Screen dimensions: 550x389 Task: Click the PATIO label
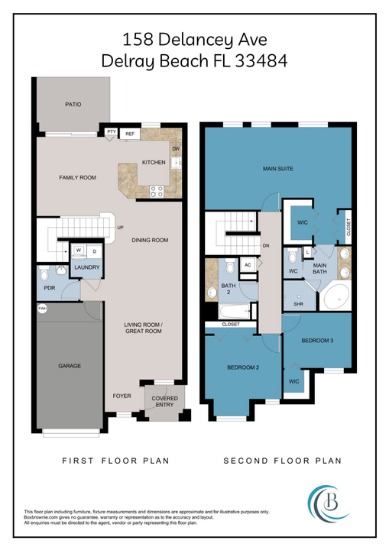pyautogui.click(x=73, y=105)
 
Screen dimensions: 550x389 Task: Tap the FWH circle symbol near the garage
pyautogui.click(x=42, y=309)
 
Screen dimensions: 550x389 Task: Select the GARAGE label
pyautogui.click(x=70, y=366)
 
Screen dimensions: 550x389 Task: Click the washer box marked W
pyautogui.click(x=78, y=250)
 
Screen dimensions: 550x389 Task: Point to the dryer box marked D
pyautogui.click(x=94, y=250)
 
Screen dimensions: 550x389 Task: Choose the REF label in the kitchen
pyautogui.click(x=130, y=134)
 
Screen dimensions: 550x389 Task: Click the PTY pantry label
pyautogui.click(x=112, y=133)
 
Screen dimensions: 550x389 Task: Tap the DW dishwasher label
pyautogui.click(x=176, y=148)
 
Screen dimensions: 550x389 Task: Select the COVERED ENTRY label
pyautogui.click(x=164, y=402)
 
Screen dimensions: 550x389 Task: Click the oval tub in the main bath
pyautogui.click(x=333, y=298)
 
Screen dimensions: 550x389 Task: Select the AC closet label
pyautogui.click(x=247, y=264)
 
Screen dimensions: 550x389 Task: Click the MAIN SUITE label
pyautogui.click(x=278, y=169)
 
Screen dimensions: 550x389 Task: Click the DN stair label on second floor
pyautogui.click(x=265, y=246)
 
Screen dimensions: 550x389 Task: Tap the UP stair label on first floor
pyautogui.click(x=120, y=227)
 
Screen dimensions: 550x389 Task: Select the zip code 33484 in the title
pyautogui.click(x=259, y=61)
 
